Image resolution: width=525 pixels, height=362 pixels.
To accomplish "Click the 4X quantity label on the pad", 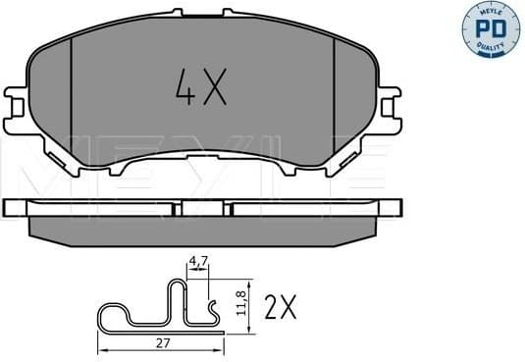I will (x=201, y=90).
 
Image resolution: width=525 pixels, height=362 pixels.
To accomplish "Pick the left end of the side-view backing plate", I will (x=12, y=208).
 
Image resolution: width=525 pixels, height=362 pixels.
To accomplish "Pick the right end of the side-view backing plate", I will (x=394, y=208).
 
